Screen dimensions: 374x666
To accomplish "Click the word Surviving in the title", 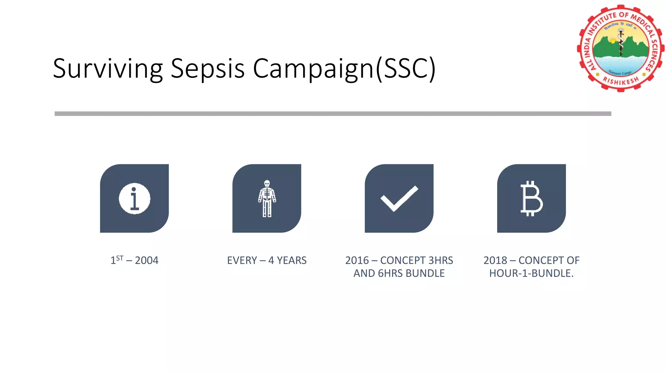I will [x=107, y=69].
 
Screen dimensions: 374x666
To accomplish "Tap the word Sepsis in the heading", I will [x=207, y=69].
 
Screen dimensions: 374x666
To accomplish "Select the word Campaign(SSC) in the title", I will [x=344, y=69].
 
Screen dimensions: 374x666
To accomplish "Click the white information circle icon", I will [x=134, y=199].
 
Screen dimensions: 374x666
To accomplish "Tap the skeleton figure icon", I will [x=267, y=198].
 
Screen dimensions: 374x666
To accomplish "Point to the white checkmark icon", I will [x=399, y=198].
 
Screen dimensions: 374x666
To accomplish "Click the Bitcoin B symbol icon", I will [x=531, y=198].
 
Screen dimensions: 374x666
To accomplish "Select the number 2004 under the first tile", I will [x=146, y=260].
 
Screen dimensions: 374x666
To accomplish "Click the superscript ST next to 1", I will [x=120, y=258].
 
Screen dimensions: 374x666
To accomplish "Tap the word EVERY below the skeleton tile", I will [x=242, y=260].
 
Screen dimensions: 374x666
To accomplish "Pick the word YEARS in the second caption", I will [x=292, y=260].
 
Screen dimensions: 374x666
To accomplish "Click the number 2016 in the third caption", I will [x=357, y=260].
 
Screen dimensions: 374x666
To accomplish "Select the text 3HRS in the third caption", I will [x=441, y=260].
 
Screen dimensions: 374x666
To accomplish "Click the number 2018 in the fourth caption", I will [x=495, y=260].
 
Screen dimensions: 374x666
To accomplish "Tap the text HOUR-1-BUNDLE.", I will [x=531, y=273].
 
